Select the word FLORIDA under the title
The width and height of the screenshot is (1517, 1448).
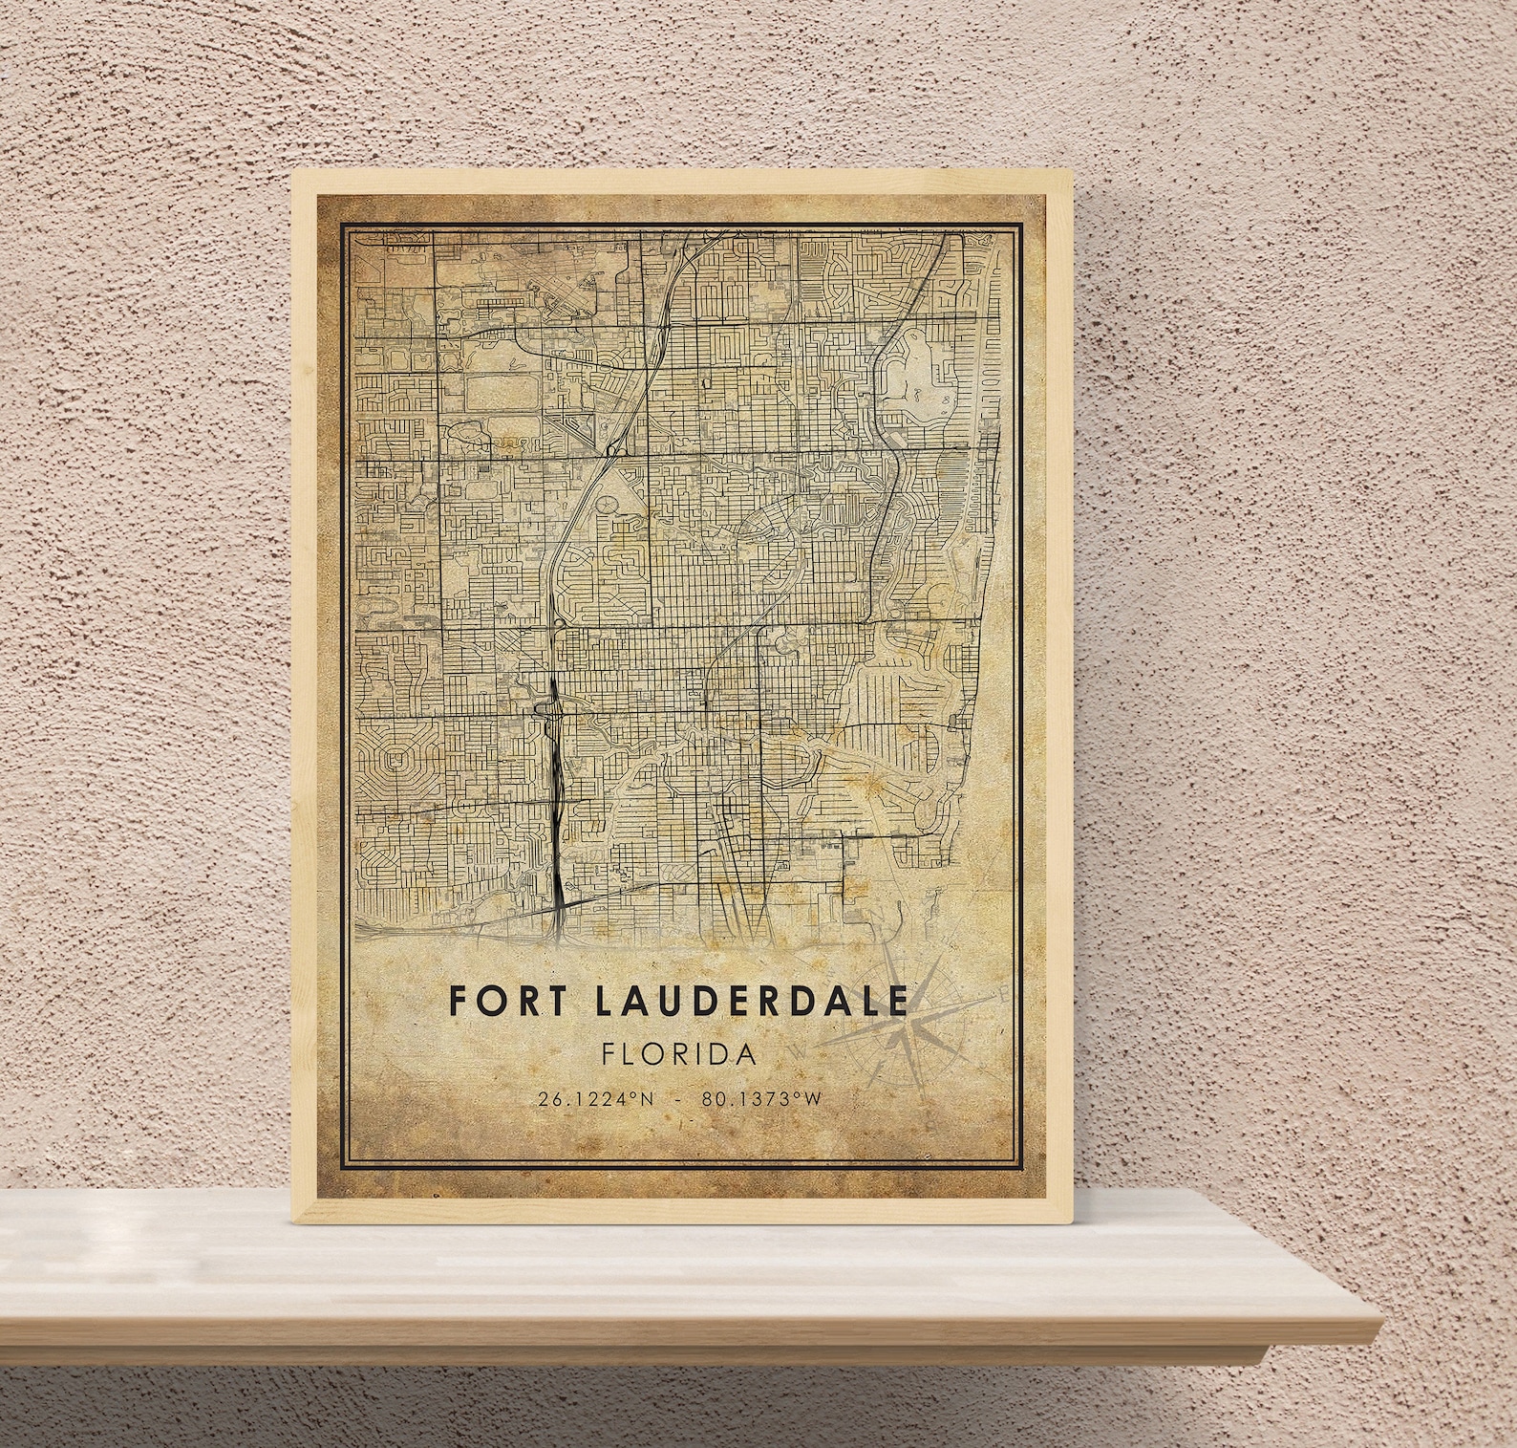point(679,1055)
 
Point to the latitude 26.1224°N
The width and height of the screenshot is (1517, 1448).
point(596,1099)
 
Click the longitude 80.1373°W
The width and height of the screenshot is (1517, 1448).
point(760,1099)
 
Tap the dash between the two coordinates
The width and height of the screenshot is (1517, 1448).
point(677,1099)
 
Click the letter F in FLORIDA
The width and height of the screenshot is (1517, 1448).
point(609,1055)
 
